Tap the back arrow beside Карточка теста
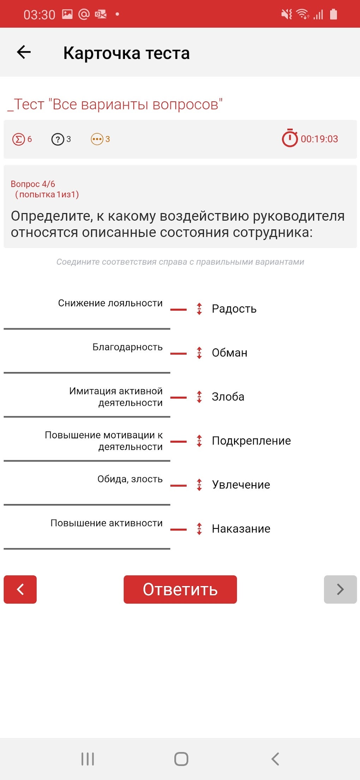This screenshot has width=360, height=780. pyautogui.click(x=24, y=52)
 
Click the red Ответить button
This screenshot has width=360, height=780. pyautogui.click(x=180, y=589)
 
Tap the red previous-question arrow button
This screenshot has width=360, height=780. pyautogui.click(x=20, y=589)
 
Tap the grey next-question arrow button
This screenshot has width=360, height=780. pyautogui.click(x=340, y=589)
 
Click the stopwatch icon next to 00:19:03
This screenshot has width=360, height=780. pyautogui.click(x=290, y=138)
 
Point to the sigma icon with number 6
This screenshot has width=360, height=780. pyautogui.click(x=18, y=139)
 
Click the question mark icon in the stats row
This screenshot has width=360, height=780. pyautogui.click(x=58, y=139)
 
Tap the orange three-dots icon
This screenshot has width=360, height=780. pyautogui.click(x=97, y=139)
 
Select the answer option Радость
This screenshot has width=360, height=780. pyautogui.click(x=234, y=309)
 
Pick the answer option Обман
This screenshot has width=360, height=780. pyautogui.click(x=229, y=353)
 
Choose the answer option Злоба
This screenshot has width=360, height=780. pyautogui.click(x=228, y=397)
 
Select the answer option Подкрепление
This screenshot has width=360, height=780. pyautogui.click(x=251, y=441)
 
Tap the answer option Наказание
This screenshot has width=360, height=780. pyautogui.click(x=241, y=529)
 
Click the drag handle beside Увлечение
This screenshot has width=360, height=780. pyautogui.click(x=199, y=485)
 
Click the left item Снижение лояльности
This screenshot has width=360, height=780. pyautogui.click(x=110, y=303)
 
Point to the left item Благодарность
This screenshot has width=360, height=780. pyautogui.click(x=127, y=347)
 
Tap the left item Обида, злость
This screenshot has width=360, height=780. pyautogui.click(x=130, y=479)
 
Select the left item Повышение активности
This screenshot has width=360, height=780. pyautogui.click(x=107, y=523)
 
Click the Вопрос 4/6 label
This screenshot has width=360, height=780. pyautogui.click(x=33, y=184)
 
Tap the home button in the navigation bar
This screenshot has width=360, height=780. pyautogui.click(x=181, y=759)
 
